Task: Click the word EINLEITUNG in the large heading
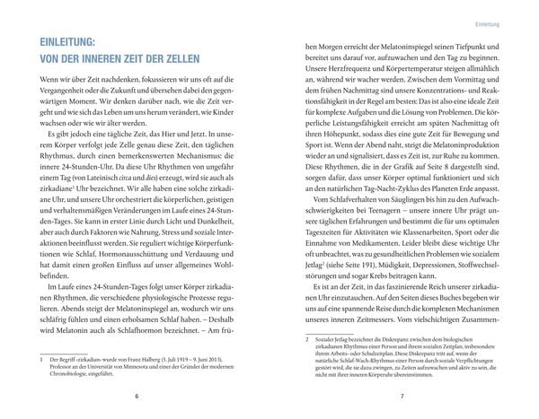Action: coord(66,41)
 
